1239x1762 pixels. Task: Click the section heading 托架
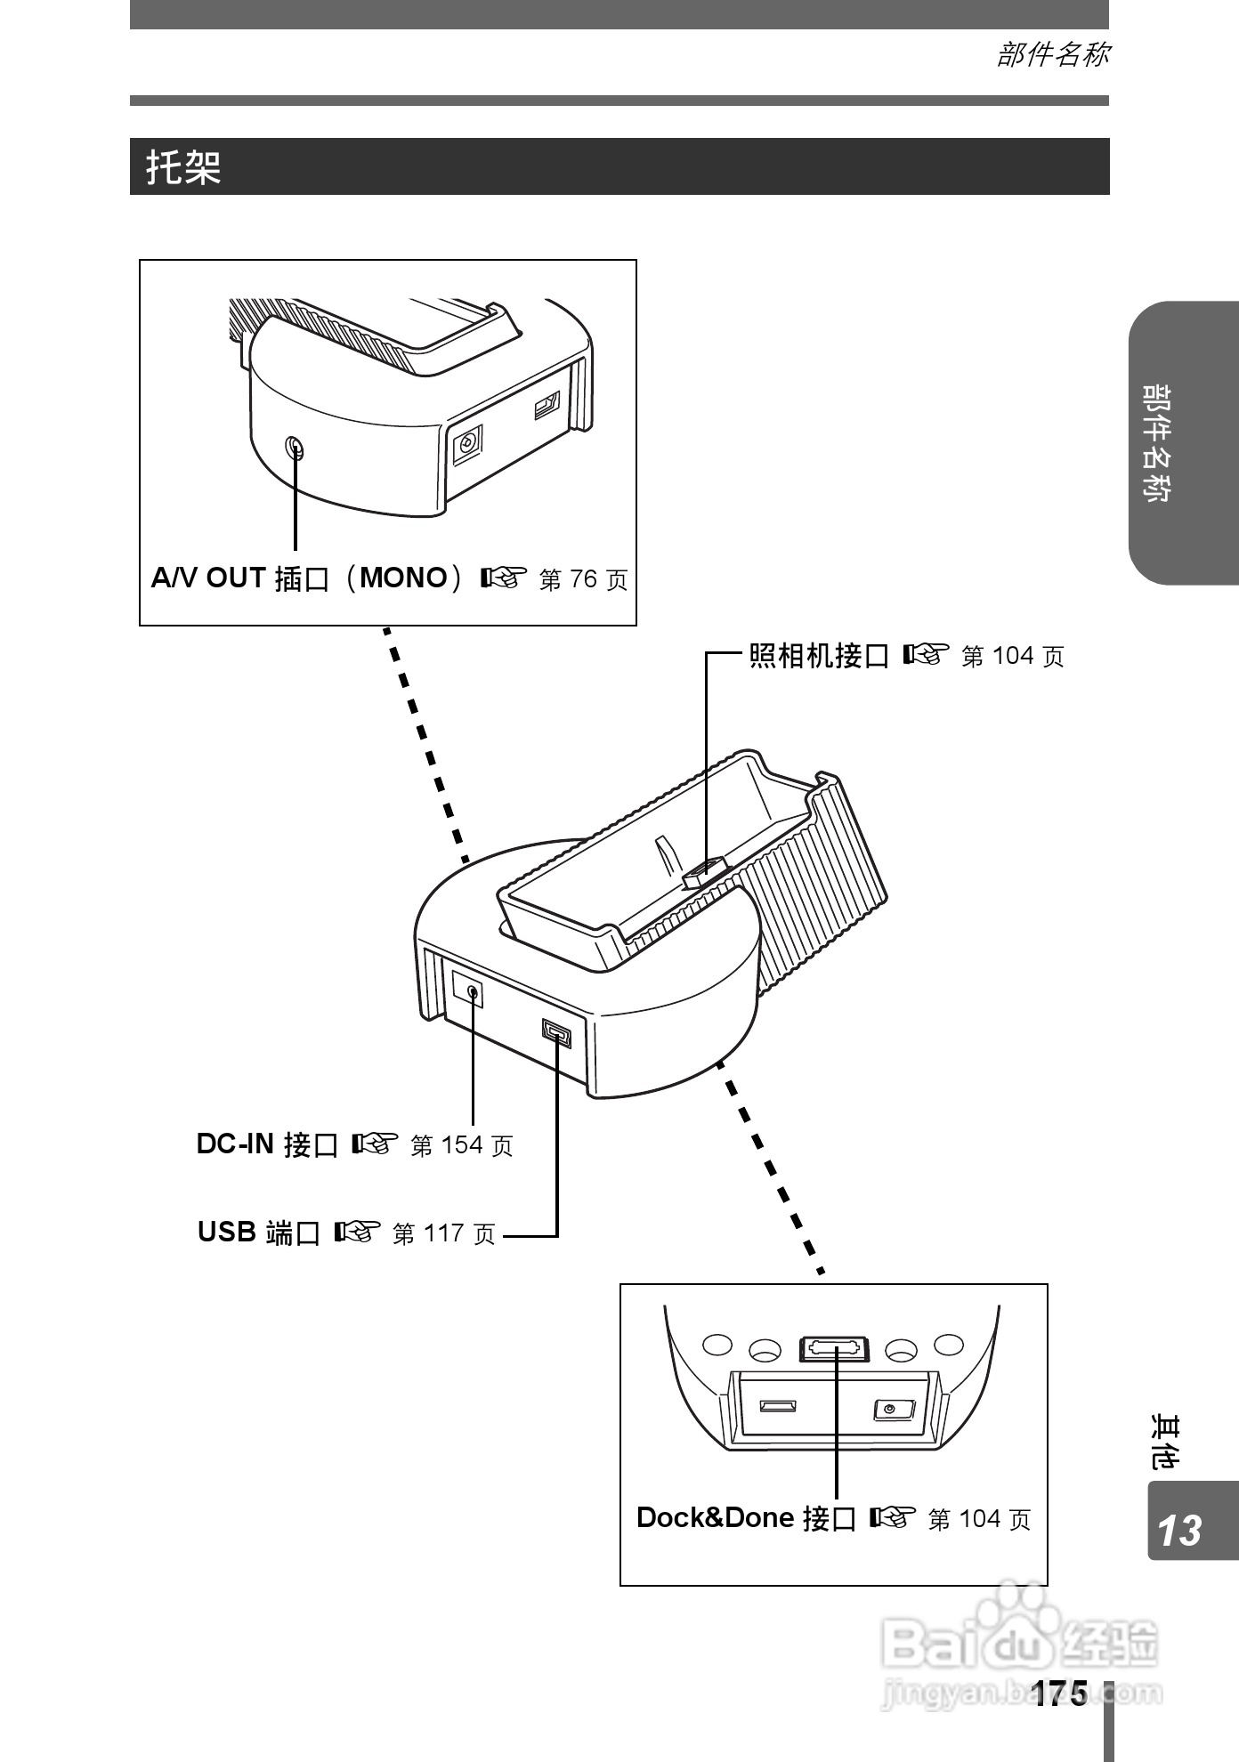[184, 167]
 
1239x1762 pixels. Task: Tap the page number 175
[1060, 1694]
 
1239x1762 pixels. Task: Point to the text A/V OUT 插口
[240, 578]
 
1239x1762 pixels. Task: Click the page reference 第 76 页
[583, 580]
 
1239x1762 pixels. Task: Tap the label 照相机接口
[819, 657]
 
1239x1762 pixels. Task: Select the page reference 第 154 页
[461, 1145]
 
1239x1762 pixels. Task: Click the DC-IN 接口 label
[267, 1144]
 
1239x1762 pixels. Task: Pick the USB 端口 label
[258, 1233]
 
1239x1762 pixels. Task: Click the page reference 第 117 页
[443, 1234]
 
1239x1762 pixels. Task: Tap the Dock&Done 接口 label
[746, 1518]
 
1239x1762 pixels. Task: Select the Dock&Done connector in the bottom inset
[834, 1349]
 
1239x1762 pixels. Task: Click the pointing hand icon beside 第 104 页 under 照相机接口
[922, 656]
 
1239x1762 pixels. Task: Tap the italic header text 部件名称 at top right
[1052, 55]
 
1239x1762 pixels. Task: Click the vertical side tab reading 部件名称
[1157, 443]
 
